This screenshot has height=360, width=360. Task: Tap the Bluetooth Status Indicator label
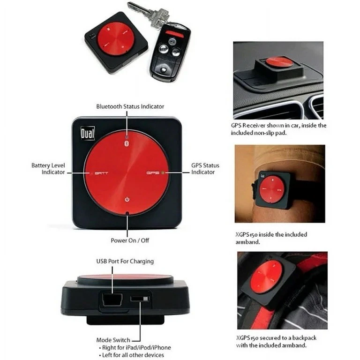(130, 106)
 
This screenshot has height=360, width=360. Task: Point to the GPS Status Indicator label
(205, 169)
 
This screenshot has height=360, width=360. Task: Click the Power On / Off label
(130, 240)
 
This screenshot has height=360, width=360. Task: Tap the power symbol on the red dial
(127, 200)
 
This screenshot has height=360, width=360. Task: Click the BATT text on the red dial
(101, 173)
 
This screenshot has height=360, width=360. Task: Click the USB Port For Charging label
(125, 261)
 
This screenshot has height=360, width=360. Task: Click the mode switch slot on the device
(138, 298)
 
